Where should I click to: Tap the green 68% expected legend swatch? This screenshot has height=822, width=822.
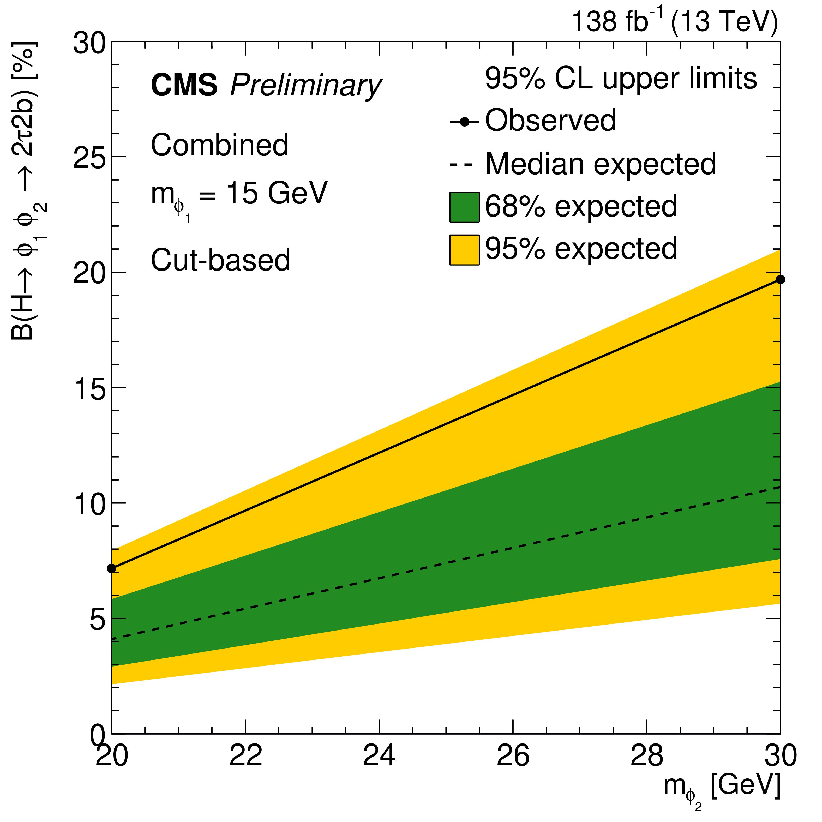(x=464, y=207)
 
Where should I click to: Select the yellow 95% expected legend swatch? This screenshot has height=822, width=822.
(x=464, y=250)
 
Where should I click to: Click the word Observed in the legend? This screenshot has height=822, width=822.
(x=550, y=121)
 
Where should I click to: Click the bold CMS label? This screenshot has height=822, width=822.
(x=184, y=85)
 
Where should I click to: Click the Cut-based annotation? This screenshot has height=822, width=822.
(x=220, y=260)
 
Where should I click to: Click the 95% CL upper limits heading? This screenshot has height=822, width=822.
(x=621, y=79)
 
